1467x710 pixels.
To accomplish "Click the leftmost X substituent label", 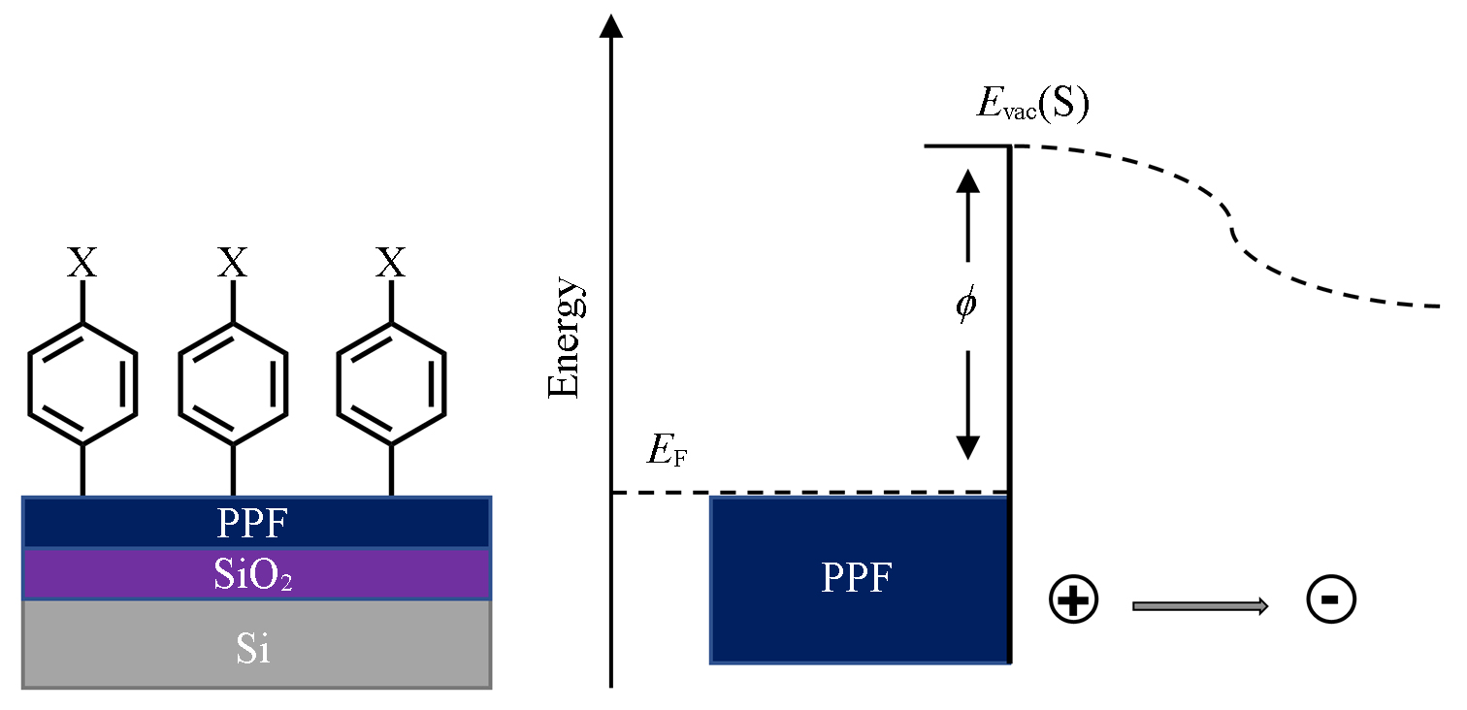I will point(82,263).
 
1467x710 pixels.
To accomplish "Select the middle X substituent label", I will point(233,263).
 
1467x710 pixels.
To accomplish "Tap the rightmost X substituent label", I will point(390,263).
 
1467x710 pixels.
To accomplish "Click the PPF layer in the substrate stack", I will point(256,524).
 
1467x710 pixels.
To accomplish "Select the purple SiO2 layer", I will point(256,575).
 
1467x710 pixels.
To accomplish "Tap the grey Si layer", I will point(256,645).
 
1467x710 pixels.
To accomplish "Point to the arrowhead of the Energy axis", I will point(611,23).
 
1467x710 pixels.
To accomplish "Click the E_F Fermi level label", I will point(667,451).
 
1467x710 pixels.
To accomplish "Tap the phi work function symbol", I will point(966,306).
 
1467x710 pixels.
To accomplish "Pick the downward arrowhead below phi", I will point(967,447).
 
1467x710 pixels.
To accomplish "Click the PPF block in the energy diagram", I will point(858,579).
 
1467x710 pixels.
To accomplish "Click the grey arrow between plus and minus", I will point(1200,606).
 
